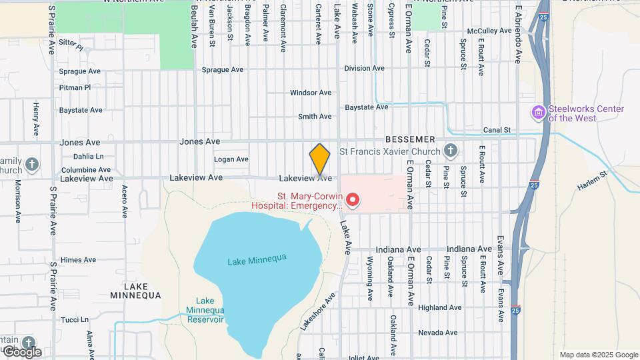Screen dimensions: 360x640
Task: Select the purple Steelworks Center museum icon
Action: tap(537, 113)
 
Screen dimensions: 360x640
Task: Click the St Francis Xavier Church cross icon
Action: tap(451, 151)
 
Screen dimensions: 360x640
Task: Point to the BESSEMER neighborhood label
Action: tap(409, 139)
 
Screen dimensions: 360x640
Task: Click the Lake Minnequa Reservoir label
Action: tap(205, 310)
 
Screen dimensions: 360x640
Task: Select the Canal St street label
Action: tap(497, 130)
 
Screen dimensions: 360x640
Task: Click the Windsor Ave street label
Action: tap(311, 93)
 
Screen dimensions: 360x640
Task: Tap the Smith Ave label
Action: tap(315, 117)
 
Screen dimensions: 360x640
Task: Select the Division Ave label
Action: tap(364, 68)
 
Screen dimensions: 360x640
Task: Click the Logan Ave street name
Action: tap(231, 159)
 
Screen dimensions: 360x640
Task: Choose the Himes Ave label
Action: tap(78, 260)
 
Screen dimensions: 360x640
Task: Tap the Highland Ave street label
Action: tap(439, 307)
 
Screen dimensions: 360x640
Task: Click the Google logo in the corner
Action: tap(21, 352)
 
